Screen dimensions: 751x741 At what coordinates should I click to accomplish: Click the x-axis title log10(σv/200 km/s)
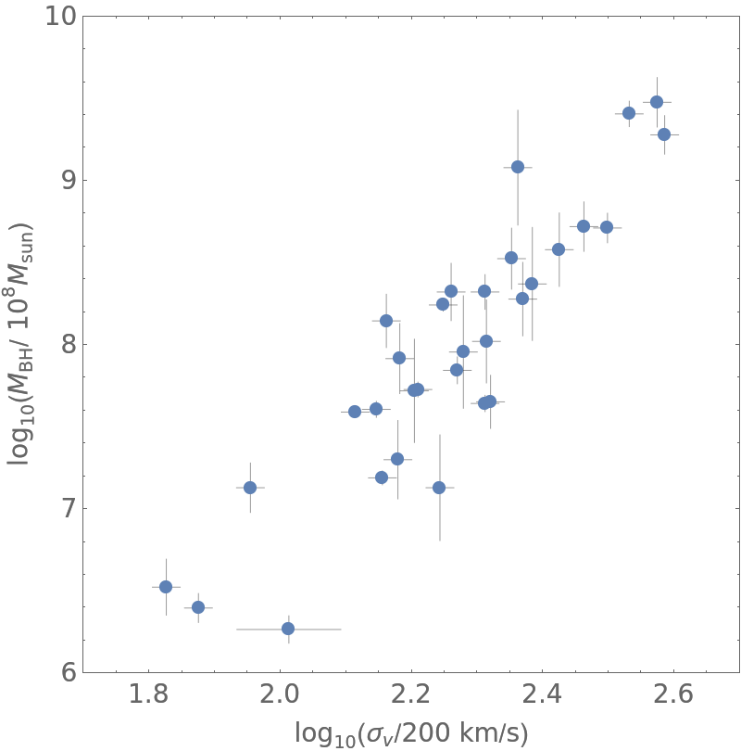411,733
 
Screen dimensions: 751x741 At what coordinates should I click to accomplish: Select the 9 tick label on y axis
64,180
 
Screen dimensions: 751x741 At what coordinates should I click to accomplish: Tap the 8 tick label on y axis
64,344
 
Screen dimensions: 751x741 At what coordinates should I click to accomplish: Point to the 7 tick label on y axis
64,508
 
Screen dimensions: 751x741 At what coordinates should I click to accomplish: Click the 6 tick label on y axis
64,672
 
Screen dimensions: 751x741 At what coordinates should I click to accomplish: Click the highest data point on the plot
657,102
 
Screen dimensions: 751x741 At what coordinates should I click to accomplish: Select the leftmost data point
166,587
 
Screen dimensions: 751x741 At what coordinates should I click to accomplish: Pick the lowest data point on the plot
288,629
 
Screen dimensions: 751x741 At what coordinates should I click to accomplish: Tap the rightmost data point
664,134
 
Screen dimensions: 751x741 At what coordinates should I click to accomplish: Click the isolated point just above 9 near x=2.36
518,167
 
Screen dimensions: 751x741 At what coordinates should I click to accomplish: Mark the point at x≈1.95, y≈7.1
250,488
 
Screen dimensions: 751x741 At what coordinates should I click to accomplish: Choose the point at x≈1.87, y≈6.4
198,607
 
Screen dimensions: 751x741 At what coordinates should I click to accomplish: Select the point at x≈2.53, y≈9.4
629,113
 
